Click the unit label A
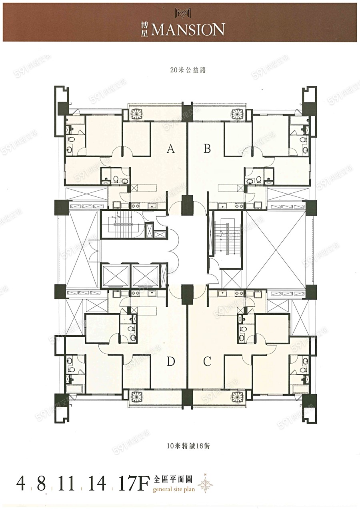click(x=170, y=149)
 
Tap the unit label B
click(x=207, y=149)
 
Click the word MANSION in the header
click(x=188, y=30)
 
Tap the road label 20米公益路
click(x=188, y=70)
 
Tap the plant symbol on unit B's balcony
click(x=238, y=112)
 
